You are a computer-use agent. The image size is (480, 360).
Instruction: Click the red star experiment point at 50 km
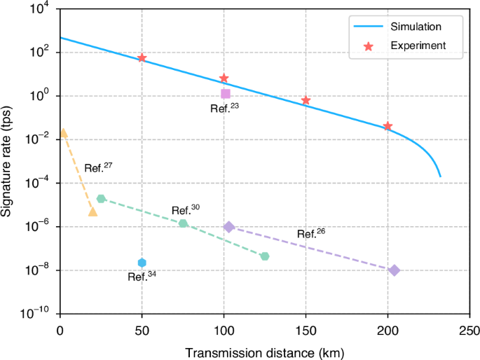(142, 58)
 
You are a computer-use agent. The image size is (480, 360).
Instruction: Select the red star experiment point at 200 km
(388, 126)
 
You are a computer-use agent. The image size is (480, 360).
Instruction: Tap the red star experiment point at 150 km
(306, 101)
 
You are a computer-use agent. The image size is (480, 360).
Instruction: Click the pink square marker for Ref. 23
(225, 94)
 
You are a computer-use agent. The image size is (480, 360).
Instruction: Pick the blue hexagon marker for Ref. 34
(142, 263)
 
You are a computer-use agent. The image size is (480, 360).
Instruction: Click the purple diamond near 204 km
(395, 270)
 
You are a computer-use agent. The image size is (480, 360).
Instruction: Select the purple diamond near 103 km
(229, 227)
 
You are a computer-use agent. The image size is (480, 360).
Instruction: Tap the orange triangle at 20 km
(92, 212)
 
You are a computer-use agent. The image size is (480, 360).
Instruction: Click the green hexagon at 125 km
(265, 256)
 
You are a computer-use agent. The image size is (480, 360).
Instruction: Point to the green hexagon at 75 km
(183, 223)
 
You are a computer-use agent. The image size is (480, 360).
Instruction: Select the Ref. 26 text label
(310, 234)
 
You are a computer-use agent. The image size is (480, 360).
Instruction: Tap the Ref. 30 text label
(186, 209)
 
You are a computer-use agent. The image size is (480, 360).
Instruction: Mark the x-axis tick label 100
(224, 326)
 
